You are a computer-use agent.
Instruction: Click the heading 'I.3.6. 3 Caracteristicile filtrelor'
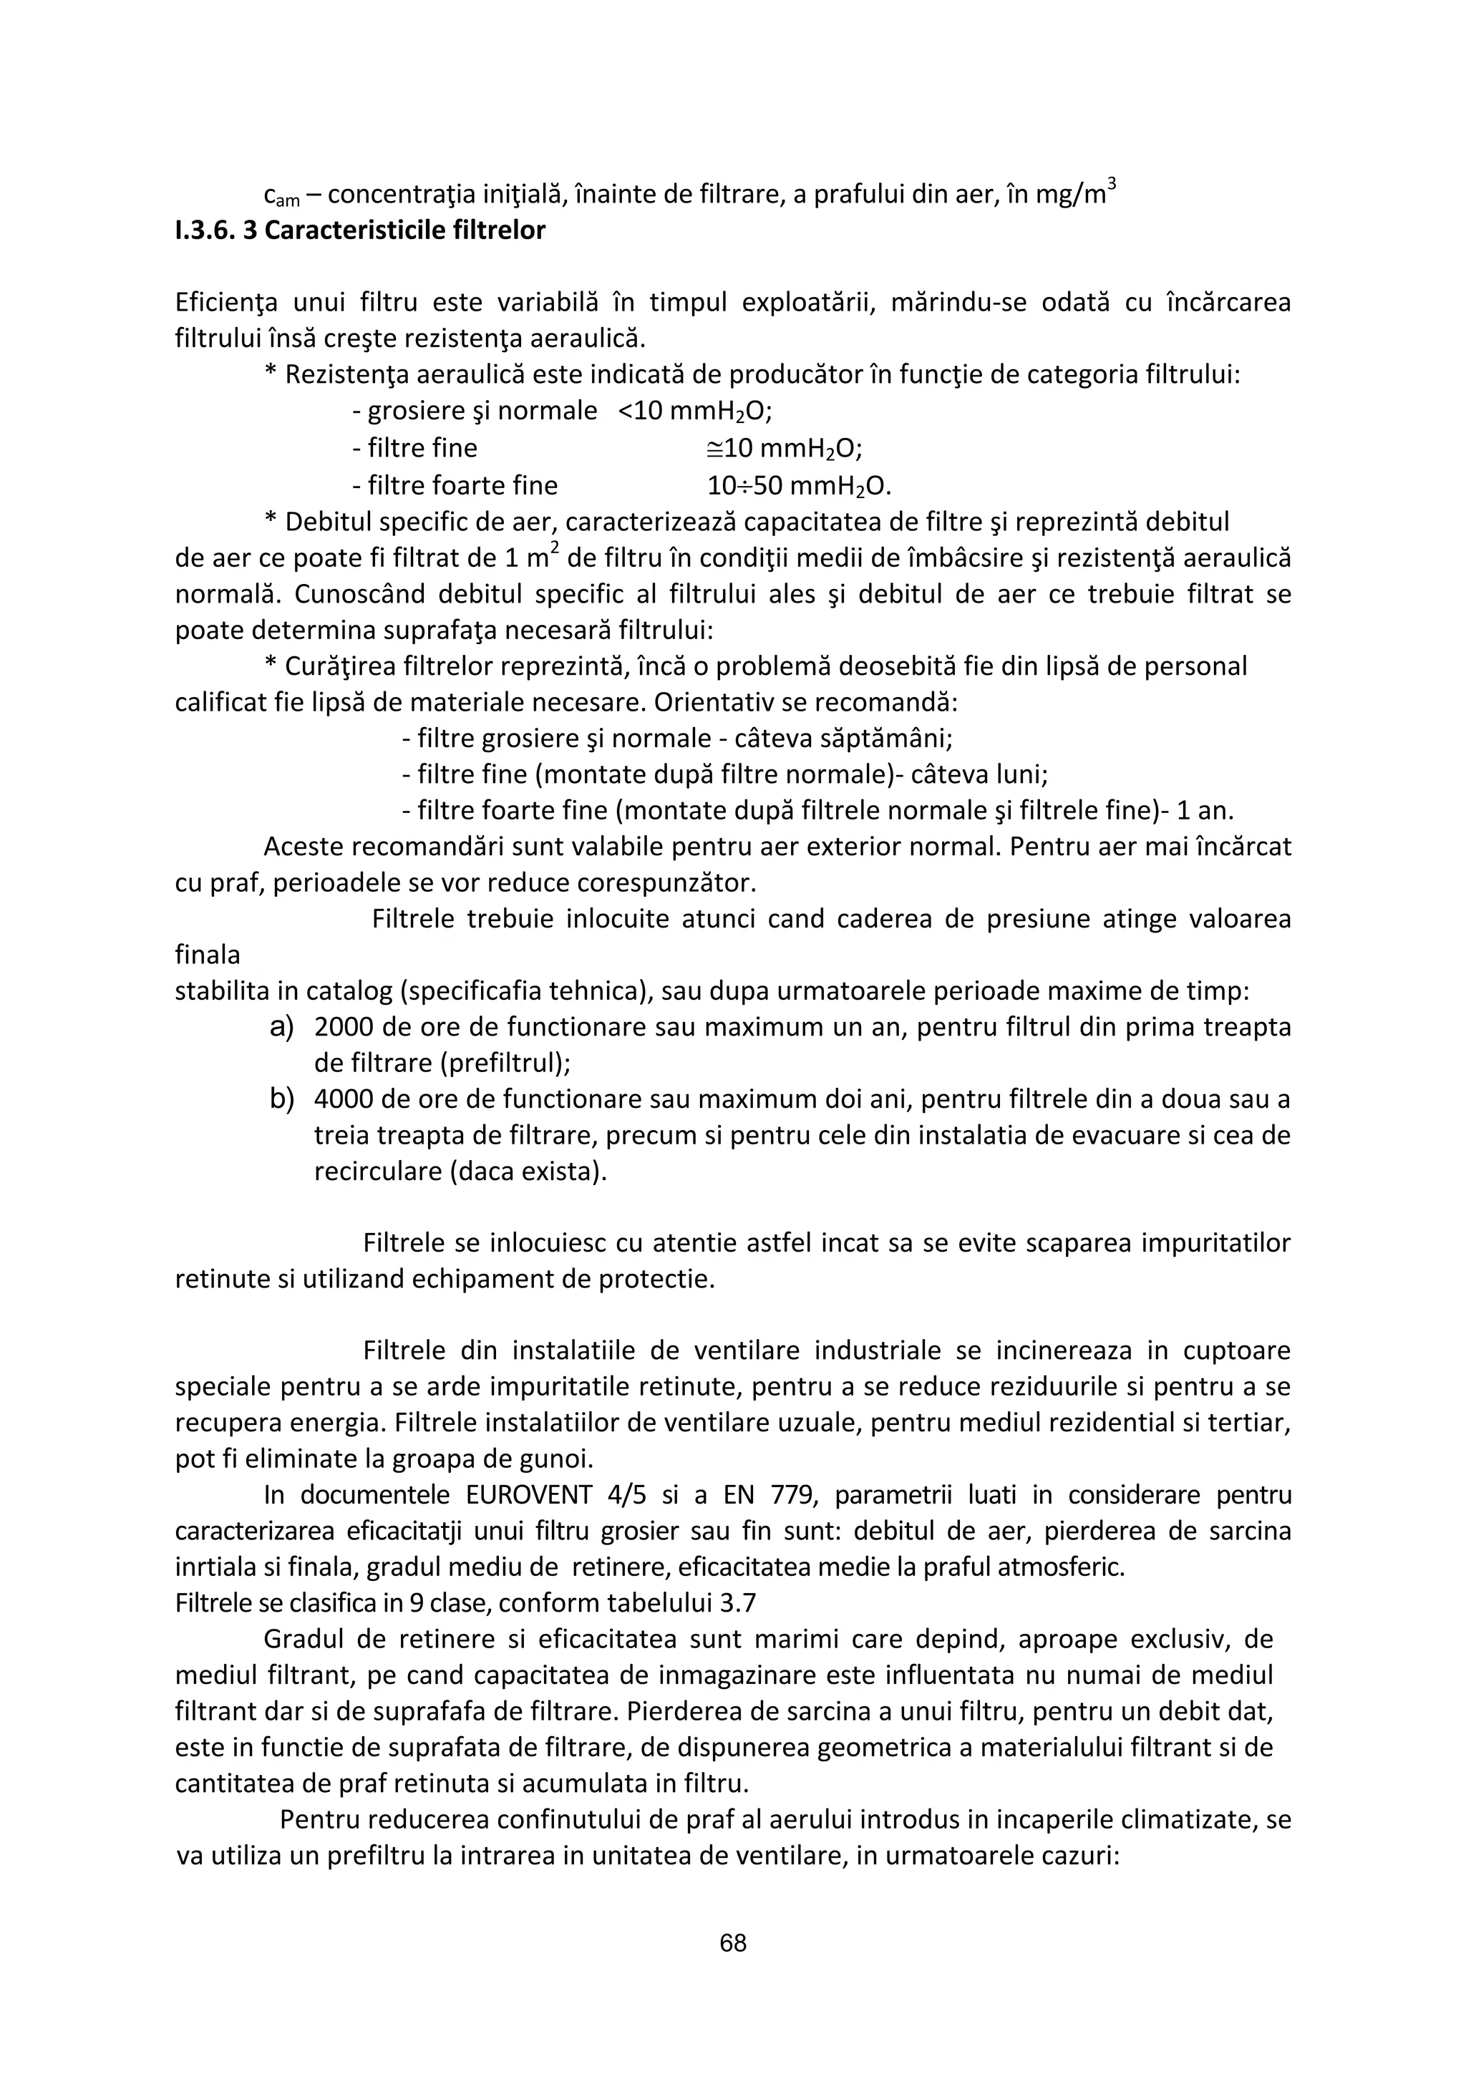pos(359,230)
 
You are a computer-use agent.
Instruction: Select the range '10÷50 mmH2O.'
pos(798,486)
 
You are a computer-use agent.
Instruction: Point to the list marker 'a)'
pos(283,1027)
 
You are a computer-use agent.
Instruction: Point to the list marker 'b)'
pos(283,1099)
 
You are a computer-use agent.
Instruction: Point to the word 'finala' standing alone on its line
pos(208,955)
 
